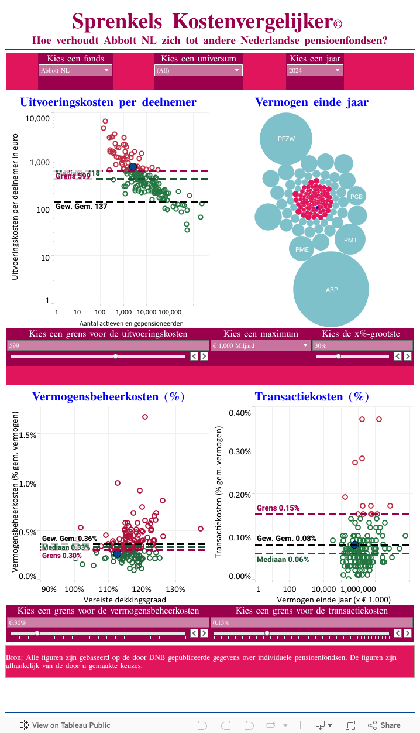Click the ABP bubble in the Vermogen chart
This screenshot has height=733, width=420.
[331, 289]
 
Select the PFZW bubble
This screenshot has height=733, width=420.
[286, 139]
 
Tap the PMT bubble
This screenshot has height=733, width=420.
[350, 239]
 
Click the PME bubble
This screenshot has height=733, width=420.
[302, 249]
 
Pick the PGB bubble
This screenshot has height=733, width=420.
[356, 197]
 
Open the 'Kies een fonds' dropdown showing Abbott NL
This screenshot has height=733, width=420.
[75, 70]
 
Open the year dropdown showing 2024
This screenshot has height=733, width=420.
[315, 70]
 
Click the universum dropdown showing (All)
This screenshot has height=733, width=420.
[198, 70]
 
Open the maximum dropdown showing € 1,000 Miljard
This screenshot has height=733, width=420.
[260, 345]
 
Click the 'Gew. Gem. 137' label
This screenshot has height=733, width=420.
[81, 206]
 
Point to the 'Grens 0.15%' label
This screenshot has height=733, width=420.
[278, 508]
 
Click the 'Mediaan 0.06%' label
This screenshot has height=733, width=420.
[283, 559]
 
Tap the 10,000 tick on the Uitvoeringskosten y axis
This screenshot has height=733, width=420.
[39, 118]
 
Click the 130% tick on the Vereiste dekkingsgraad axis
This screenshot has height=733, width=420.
[175, 589]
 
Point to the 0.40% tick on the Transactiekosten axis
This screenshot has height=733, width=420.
[240, 413]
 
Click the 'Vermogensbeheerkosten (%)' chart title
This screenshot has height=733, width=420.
[108, 396]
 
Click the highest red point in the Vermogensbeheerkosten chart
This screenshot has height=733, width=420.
[144, 417]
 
